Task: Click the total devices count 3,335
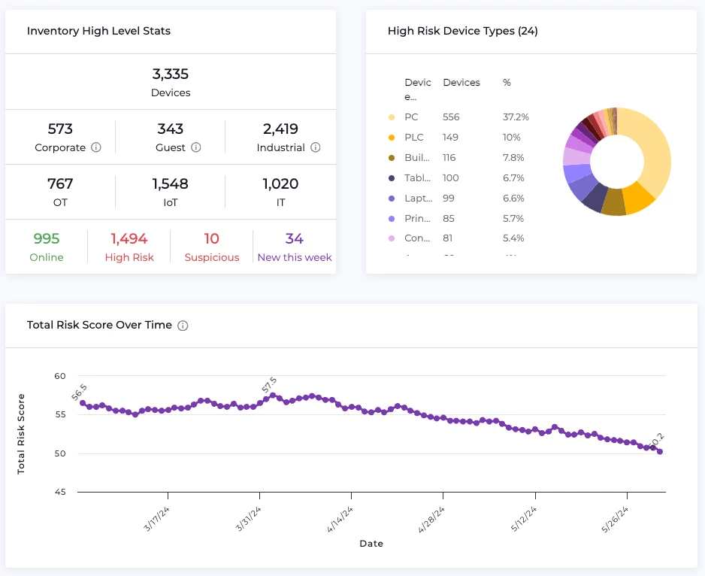pyautogui.click(x=171, y=74)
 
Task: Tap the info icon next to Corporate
pyautogui.click(x=96, y=148)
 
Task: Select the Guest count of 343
pyautogui.click(x=171, y=129)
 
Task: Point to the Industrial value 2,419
pyautogui.click(x=280, y=129)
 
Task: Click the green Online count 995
pyautogui.click(x=47, y=239)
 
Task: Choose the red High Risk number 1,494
pyautogui.click(x=129, y=239)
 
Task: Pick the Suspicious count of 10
pyautogui.click(x=212, y=239)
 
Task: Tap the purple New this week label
pyautogui.click(x=295, y=257)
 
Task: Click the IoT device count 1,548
pyautogui.click(x=171, y=184)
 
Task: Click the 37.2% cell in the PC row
pyautogui.click(x=516, y=117)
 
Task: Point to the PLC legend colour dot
pyautogui.click(x=391, y=138)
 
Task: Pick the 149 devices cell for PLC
pyautogui.click(x=451, y=138)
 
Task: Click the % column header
pyautogui.click(x=507, y=83)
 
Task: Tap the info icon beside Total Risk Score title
pyautogui.click(x=183, y=326)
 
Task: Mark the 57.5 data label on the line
pyautogui.click(x=269, y=385)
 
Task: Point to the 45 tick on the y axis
pyautogui.click(x=62, y=493)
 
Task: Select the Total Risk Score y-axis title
pyautogui.click(x=21, y=433)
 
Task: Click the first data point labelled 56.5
pyautogui.click(x=83, y=403)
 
